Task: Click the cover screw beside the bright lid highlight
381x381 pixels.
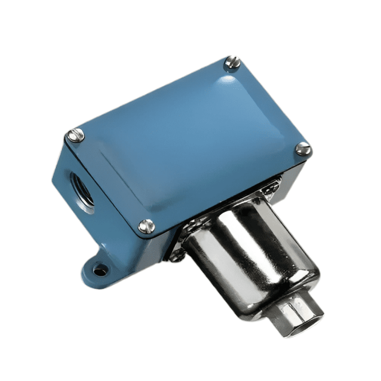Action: tap(232, 63)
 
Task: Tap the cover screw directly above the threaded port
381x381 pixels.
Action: tap(76, 136)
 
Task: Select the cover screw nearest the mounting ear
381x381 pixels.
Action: tap(147, 225)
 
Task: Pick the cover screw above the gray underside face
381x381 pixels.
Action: tap(303, 148)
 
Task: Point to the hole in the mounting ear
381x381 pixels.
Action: tap(101, 271)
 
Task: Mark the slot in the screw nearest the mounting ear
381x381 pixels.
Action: tap(147, 225)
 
